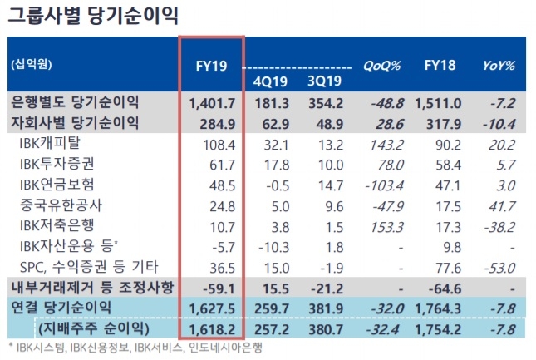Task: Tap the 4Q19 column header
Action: (268, 80)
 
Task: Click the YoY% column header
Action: (499, 65)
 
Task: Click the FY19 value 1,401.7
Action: (211, 102)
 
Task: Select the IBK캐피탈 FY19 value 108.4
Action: (214, 144)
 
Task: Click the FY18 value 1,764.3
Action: (441, 308)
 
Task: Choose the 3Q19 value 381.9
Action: (327, 308)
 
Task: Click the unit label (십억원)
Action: (31, 65)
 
